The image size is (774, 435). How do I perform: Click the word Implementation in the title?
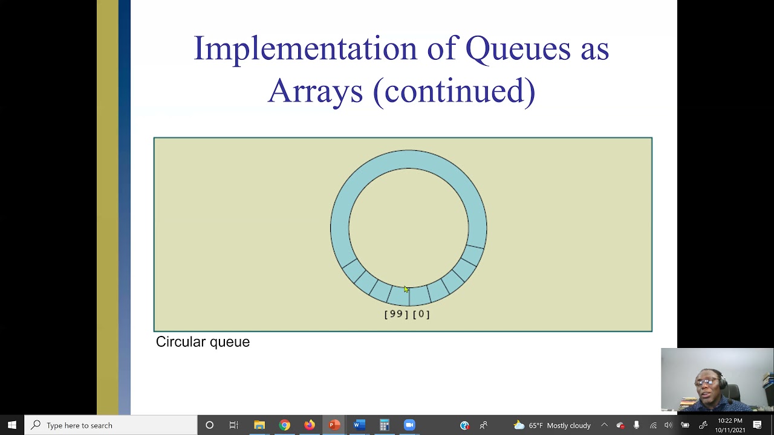click(x=305, y=49)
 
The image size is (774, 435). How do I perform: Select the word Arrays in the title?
click(x=315, y=91)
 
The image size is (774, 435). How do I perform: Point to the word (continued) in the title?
click(x=454, y=91)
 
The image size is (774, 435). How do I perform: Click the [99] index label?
click(x=396, y=314)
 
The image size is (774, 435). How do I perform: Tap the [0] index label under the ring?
click(x=421, y=314)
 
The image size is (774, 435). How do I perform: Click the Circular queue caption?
click(x=203, y=342)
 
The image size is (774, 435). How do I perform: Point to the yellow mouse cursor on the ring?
click(x=406, y=290)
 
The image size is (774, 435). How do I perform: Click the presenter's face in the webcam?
click(x=707, y=381)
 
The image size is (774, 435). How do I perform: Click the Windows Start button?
click(x=12, y=425)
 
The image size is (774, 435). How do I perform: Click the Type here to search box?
click(x=112, y=425)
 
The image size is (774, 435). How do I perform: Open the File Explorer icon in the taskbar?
click(x=259, y=425)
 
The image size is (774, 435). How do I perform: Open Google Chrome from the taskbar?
click(x=284, y=425)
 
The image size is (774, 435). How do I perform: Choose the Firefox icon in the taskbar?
click(x=309, y=425)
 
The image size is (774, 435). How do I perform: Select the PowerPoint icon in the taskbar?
click(x=334, y=425)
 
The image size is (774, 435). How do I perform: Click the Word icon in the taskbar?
click(x=359, y=425)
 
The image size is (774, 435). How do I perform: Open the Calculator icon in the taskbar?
click(x=384, y=425)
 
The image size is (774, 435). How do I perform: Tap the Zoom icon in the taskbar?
click(x=409, y=425)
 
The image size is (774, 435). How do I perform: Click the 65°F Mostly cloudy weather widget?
click(x=551, y=425)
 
